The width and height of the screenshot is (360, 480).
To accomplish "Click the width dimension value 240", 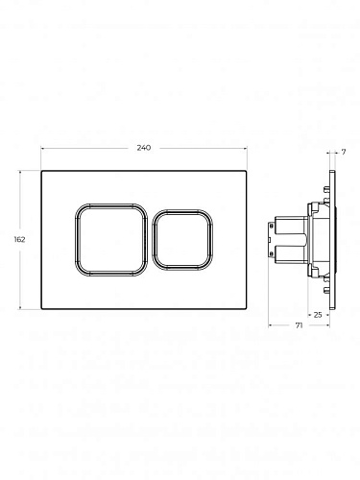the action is [x=144, y=148].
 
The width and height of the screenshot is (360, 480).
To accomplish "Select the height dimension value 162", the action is [x=19, y=239].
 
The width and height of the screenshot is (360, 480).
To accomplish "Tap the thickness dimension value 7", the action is [x=344, y=152].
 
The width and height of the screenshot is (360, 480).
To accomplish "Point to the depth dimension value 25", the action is [x=318, y=315].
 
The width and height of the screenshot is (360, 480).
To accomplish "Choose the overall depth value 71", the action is [x=299, y=325].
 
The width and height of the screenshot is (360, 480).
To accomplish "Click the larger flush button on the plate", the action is [x=111, y=240].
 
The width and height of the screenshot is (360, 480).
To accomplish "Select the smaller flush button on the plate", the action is [x=182, y=240].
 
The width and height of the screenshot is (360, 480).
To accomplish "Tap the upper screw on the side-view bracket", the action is [x=272, y=226].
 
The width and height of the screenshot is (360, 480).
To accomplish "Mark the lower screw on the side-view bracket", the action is [x=272, y=254].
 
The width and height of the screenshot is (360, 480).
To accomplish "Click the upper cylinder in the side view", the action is [x=291, y=226].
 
